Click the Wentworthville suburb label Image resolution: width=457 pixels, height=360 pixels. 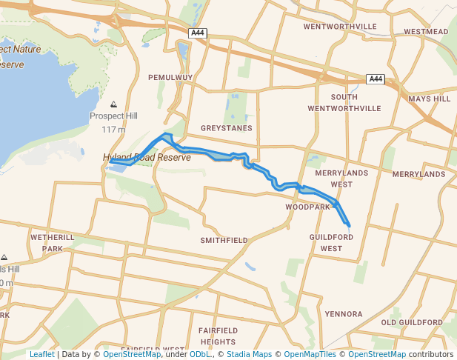coord(340,27)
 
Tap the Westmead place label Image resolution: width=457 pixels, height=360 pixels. coord(426,32)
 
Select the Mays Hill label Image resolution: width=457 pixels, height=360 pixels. coord(429,99)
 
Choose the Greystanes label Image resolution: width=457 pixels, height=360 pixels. coord(226,128)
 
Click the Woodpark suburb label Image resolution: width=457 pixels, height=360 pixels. coord(307,207)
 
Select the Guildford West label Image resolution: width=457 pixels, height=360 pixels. coord(331,242)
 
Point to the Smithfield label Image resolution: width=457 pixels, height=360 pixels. coord(224,241)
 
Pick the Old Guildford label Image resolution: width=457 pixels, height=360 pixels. coord(412,323)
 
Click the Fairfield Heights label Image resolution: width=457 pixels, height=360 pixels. coord(217,335)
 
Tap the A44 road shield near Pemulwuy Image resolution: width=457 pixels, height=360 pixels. coord(198,33)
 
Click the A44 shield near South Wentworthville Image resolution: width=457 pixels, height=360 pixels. coord(376,79)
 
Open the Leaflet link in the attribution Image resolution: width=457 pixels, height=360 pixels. coord(41,354)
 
